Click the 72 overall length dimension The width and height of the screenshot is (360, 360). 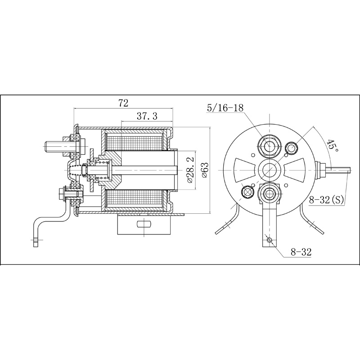coord(123,103)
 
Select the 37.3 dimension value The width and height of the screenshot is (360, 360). coord(147,117)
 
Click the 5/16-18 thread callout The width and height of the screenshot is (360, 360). coord(225,108)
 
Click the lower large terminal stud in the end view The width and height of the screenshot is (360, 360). coord(269,194)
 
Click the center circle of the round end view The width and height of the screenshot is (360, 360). coord(269,170)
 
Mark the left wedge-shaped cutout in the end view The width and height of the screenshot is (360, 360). coord(245,170)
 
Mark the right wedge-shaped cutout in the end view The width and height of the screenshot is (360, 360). coord(294,170)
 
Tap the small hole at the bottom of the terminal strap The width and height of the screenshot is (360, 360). coord(269,240)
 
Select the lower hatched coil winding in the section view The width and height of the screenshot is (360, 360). coord(134,198)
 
